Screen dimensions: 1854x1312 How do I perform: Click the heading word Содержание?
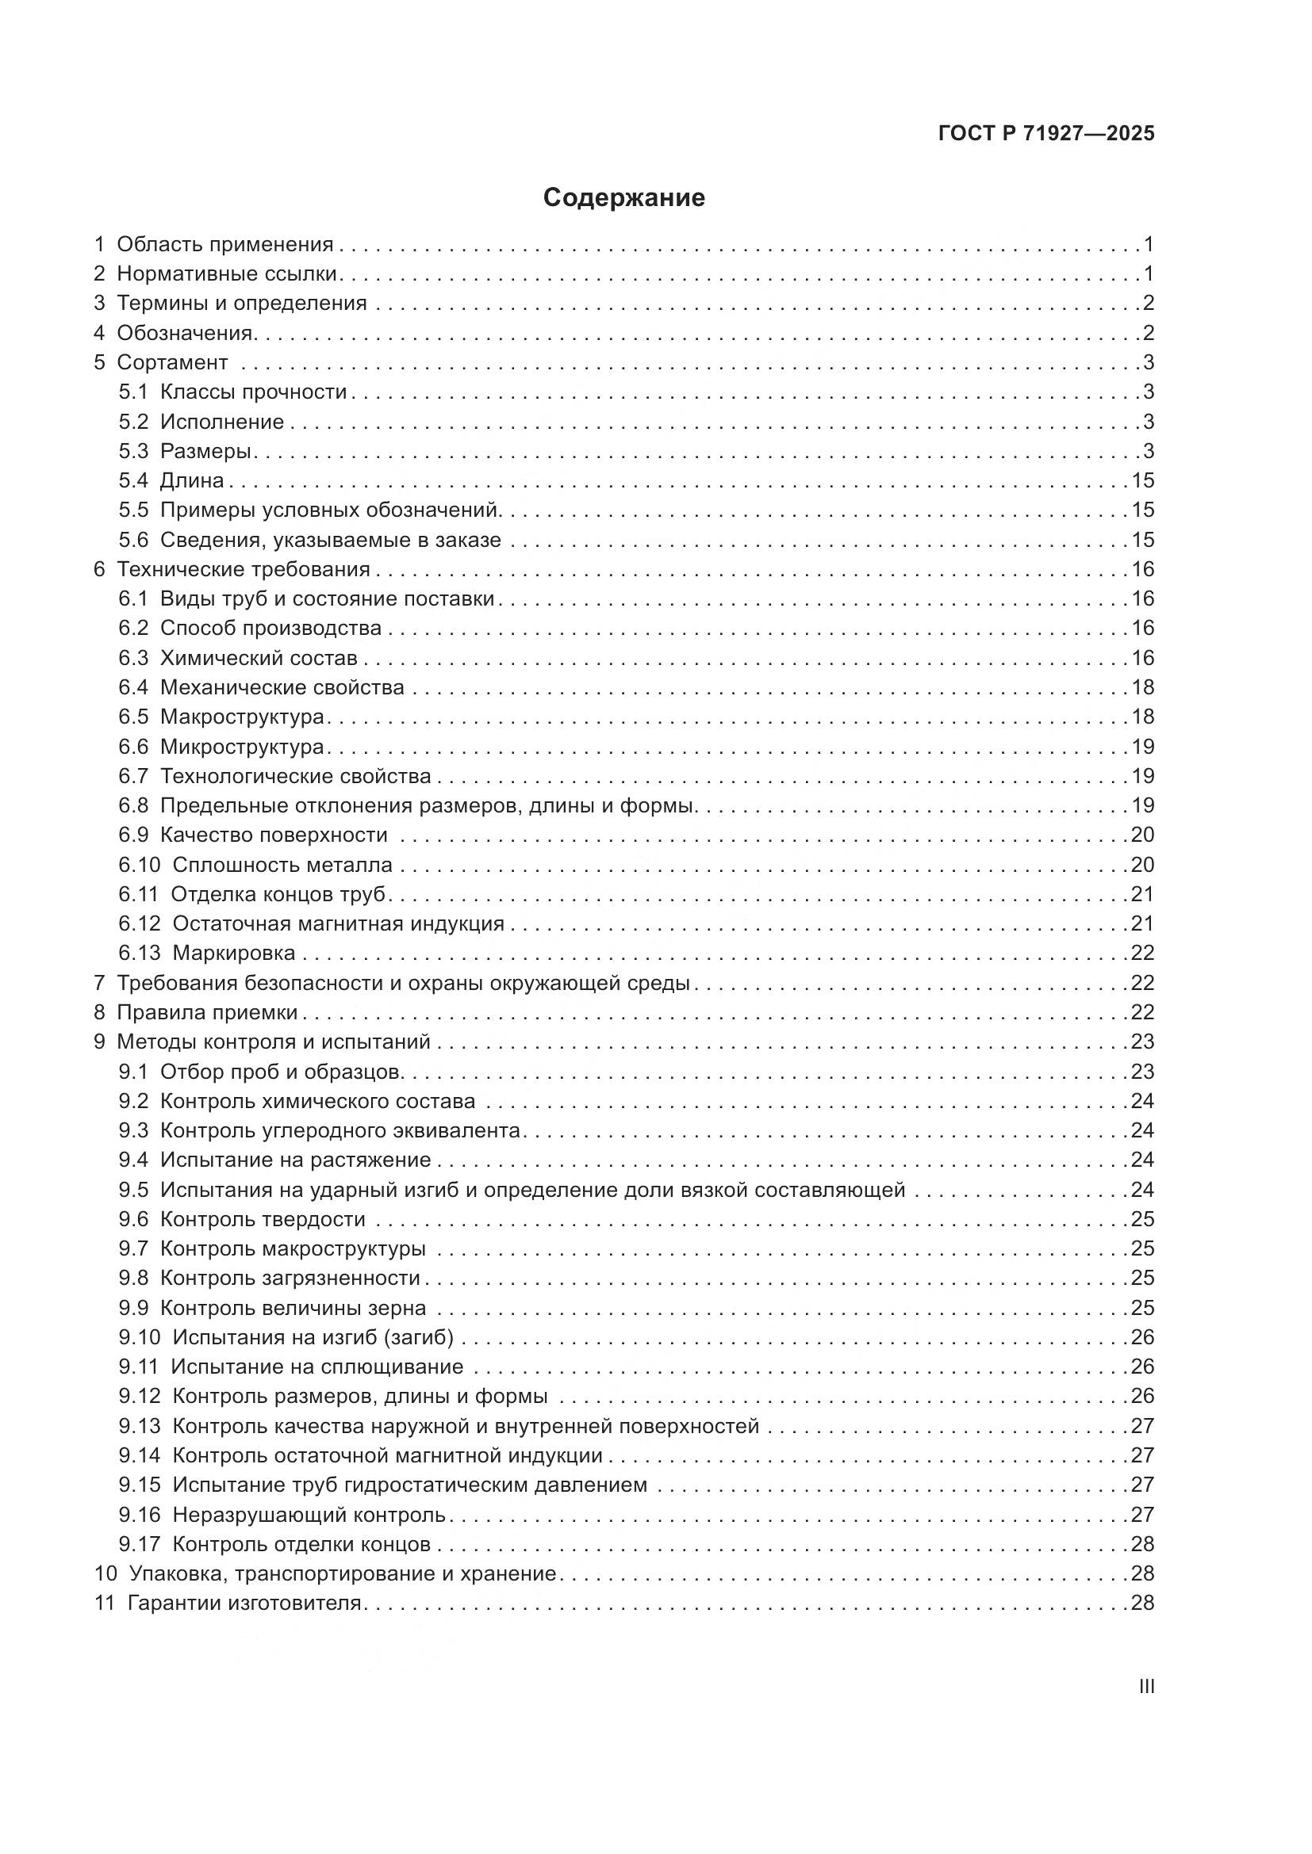[x=623, y=198]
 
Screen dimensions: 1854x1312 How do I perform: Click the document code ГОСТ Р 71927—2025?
[x=1046, y=133]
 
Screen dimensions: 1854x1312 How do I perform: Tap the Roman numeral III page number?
[x=1145, y=1687]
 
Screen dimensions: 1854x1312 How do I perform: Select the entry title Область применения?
[x=224, y=244]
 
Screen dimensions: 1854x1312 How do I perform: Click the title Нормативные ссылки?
[x=226, y=273]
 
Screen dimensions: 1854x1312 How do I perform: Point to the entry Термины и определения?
[x=242, y=304]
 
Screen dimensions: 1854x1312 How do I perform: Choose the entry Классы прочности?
[x=253, y=392]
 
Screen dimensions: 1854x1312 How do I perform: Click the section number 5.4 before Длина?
[x=133, y=481]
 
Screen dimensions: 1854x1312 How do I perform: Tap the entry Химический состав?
[x=259, y=659]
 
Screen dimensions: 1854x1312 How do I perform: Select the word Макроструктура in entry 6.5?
[x=242, y=717]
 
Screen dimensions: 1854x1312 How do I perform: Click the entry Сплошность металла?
[x=282, y=866]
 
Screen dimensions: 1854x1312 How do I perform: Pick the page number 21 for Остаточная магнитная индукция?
[x=1142, y=923]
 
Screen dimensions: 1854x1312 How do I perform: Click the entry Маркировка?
[x=233, y=954]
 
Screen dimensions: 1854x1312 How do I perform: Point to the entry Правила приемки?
[x=207, y=1012]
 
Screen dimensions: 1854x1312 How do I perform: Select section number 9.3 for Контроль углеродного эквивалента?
[x=133, y=1130]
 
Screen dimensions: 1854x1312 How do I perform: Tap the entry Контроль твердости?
[x=263, y=1219]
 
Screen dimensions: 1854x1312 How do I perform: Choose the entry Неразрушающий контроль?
[x=309, y=1515]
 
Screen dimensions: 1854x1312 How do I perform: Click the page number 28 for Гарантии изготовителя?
[x=1142, y=1603]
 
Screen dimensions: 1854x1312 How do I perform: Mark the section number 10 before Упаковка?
[x=105, y=1574]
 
